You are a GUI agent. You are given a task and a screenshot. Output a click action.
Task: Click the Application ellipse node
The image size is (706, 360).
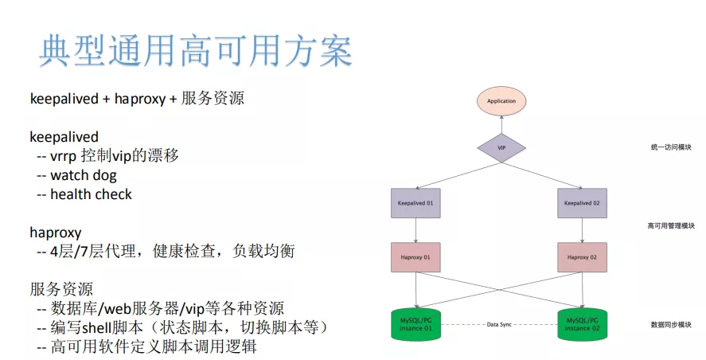pyautogui.click(x=501, y=101)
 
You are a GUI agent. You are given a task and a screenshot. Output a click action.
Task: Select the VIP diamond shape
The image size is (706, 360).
pyautogui.click(x=501, y=147)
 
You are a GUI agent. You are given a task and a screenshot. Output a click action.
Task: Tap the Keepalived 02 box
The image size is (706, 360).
pyautogui.click(x=582, y=204)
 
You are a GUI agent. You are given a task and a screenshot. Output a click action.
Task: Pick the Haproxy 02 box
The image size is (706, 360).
pyautogui.click(x=582, y=257)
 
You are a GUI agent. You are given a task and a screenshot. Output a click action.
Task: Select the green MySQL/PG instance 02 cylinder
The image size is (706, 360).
pyautogui.click(x=582, y=325)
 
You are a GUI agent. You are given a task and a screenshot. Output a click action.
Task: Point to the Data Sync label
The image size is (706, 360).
pyautogui.click(x=501, y=325)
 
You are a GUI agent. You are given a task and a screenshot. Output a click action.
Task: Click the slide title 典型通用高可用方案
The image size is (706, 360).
pyautogui.click(x=196, y=51)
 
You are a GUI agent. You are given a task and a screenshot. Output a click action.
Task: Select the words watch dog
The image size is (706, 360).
pyautogui.click(x=83, y=175)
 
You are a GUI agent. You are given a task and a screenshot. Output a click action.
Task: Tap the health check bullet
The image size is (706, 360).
pyautogui.click(x=91, y=194)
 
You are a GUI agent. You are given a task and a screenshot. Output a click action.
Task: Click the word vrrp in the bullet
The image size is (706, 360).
pyautogui.click(x=64, y=155)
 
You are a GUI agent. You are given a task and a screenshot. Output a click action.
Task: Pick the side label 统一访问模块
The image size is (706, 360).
pyautogui.click(x=670, y=147)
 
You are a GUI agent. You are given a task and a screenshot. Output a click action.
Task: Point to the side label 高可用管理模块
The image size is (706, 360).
pyautogui.click(x=670, y=226)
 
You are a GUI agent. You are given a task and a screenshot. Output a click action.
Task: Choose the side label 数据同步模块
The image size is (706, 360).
pyautogui.click(x=670, y=325)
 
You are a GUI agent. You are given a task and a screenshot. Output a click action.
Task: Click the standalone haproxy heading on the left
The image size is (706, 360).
pyautogui.click(x=56, y=233)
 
